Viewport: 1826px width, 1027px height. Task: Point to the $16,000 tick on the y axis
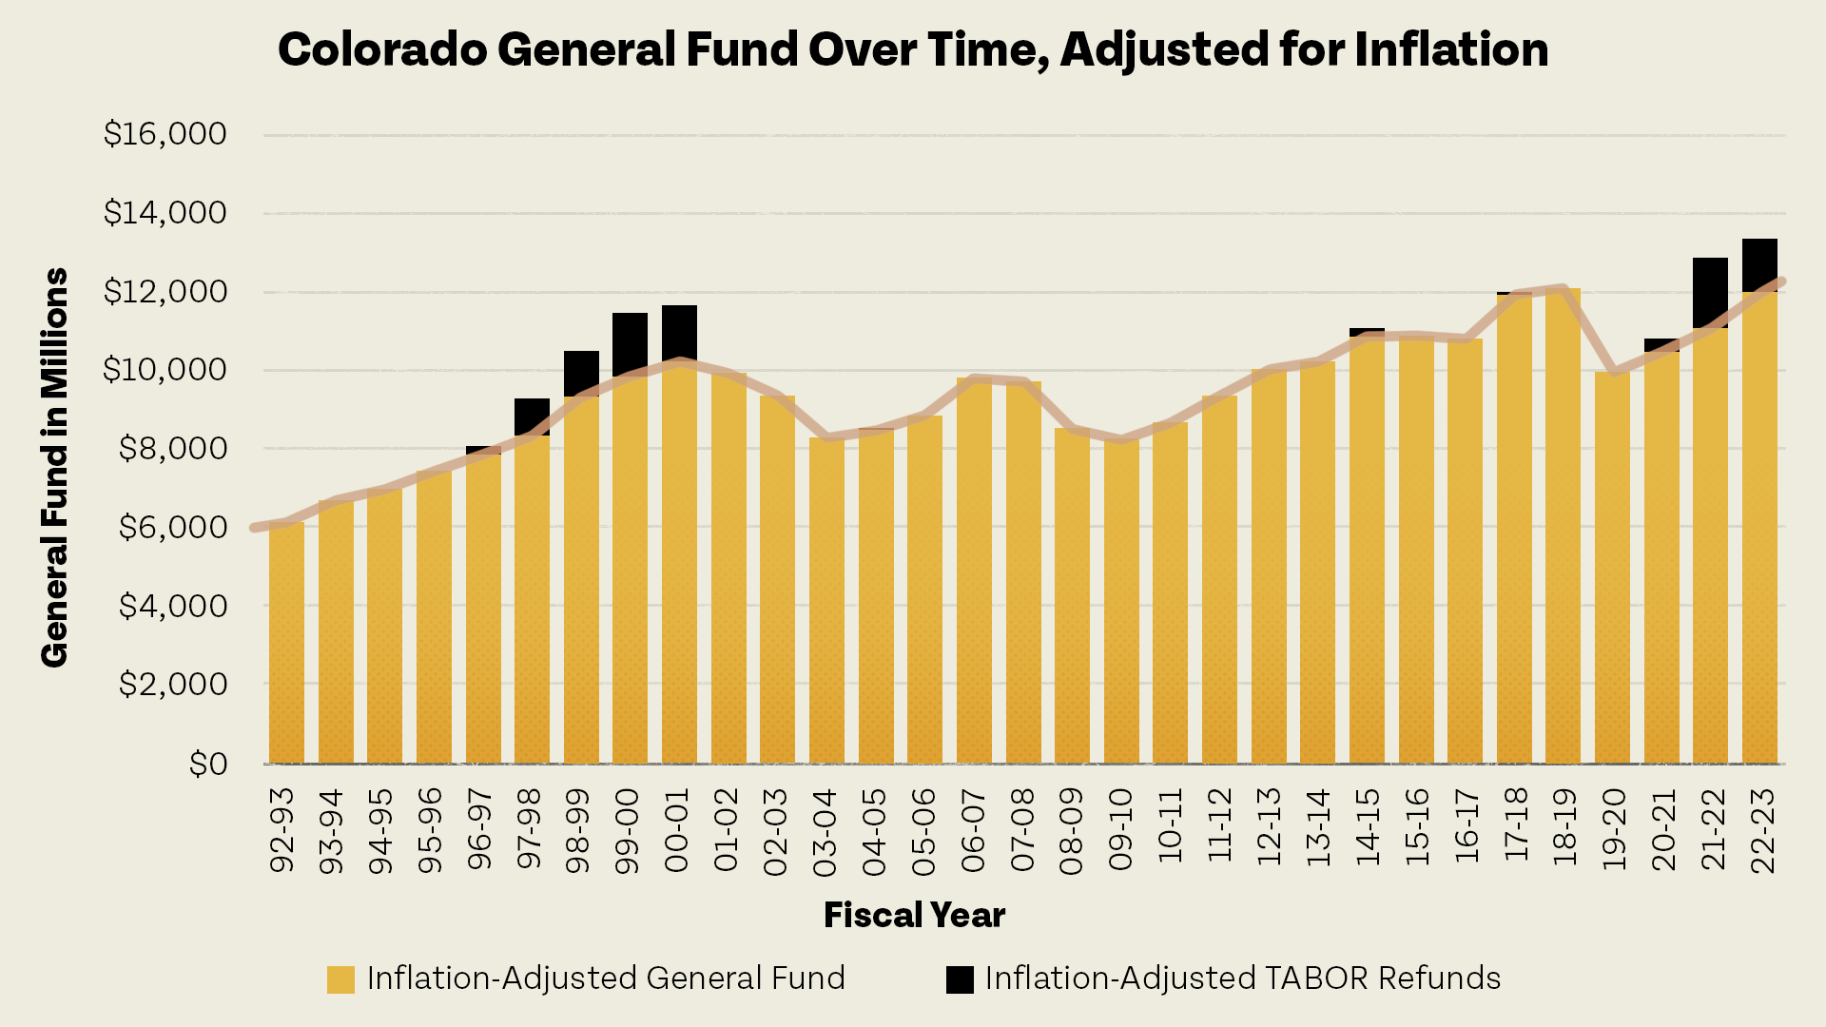pos(165,134)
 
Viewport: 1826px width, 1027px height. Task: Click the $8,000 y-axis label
pos(172,448)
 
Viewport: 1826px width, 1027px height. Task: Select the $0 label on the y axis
pos(207,763)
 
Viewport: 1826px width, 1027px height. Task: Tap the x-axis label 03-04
pos(825,831)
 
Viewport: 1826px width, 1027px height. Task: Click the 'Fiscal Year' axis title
pos(914,915)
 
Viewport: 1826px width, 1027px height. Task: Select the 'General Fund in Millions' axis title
pos(54,467)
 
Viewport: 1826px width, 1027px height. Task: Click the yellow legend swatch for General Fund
pos(340,979)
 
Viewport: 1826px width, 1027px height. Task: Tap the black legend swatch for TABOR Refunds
pos(960,979)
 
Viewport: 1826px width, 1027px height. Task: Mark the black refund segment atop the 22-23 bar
pos(1759,263)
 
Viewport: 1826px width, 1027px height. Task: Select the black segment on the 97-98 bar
pos(532,416)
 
